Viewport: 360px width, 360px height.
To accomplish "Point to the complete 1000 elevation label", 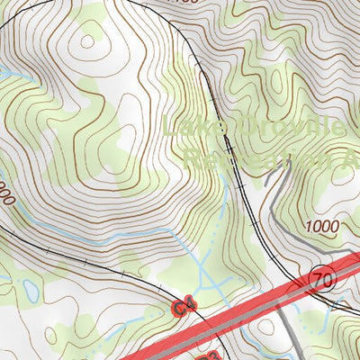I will tap(322, 225).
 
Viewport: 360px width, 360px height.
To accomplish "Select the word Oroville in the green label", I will tap(288, 130).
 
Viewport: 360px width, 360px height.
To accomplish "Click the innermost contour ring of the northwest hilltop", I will tap(88, 40).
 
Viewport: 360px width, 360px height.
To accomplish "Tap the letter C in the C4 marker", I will tap(179, 308).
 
